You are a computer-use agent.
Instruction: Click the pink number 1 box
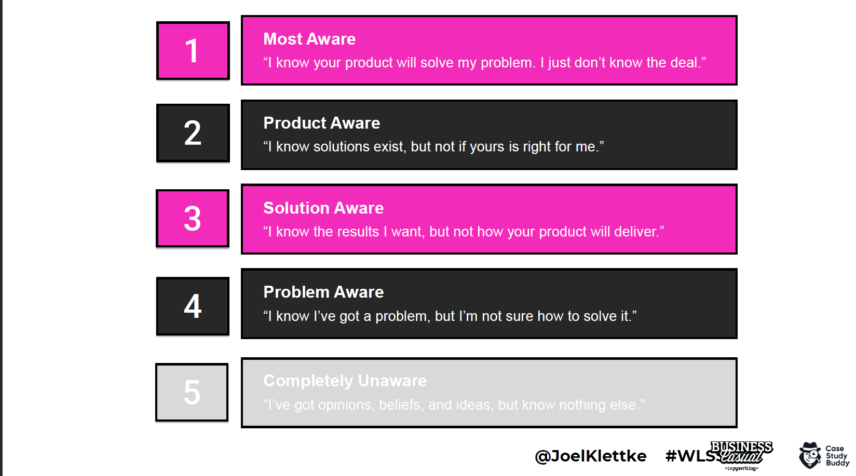(193, 50)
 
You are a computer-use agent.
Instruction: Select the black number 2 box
(193, 133)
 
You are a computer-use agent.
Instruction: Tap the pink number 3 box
(193, 218)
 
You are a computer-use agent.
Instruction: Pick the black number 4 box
(193, 306)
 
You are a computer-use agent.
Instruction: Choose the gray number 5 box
(192, 393)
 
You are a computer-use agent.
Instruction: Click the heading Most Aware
(309, 39)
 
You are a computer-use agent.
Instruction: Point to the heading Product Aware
(322, 123)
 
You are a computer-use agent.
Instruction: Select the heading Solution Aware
(323, 208)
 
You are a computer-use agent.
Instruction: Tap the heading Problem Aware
(323, 292)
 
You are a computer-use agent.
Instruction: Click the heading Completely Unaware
(345, 381)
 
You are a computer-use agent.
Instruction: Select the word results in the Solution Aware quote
(356, 232)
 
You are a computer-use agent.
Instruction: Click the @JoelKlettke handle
(591, 456)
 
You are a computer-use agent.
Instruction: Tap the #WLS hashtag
(690, 456)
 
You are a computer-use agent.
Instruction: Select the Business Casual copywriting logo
(741, 456)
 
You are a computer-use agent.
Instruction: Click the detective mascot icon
(810, 455)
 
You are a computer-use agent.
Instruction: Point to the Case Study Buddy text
(837, 456)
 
